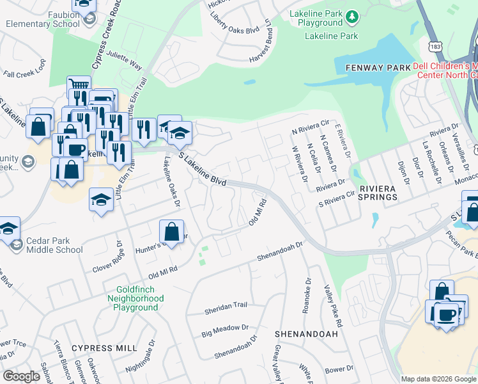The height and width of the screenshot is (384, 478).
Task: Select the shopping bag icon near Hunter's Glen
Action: pyautogui.click(x=172, y=232)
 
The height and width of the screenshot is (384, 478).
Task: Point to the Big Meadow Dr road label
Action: pyautogui.click(x=225, y=330)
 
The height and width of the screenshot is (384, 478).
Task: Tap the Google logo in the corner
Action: pyautogui.click(x=21, y=376)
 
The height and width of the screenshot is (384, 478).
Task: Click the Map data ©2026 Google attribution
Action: pyautogui.click(x=438, y=379)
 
